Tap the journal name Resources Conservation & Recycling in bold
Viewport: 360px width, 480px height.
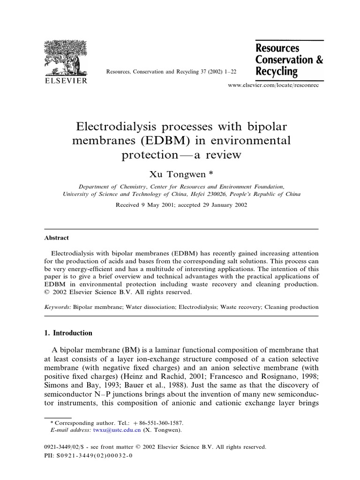pos(289,60)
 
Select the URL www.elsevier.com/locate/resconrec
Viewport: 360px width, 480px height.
pos(272,87)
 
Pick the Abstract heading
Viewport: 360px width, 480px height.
pos(56,238)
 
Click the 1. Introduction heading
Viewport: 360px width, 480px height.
pos(68,333)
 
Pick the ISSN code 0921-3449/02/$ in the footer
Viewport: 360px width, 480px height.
pos(65,447)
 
